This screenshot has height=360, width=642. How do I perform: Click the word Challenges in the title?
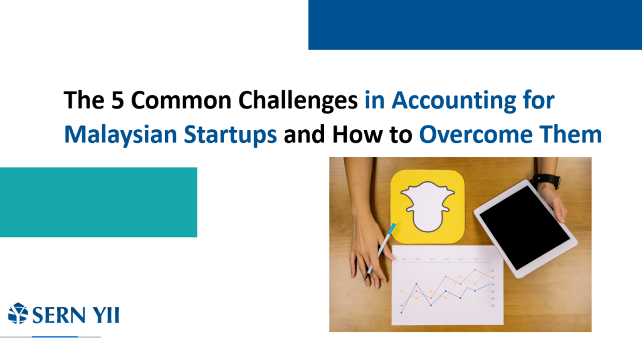[x=298, y=101]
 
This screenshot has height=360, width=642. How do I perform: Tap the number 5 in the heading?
[x=117, y=100]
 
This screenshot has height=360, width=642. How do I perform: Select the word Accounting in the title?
[x=454, y=101]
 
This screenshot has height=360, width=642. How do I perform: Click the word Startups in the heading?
[x=230, y=135]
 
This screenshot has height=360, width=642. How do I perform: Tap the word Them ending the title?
[x=571, y=134]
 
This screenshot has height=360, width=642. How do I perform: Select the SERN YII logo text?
[x=76, y=315]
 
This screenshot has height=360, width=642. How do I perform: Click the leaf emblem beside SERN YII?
[x=18, y=314]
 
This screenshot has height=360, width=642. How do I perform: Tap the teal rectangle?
[x=98, y=203]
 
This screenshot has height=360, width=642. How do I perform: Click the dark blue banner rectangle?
[x=475, y=25]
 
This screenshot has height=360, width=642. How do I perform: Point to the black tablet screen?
[x=525, y=227]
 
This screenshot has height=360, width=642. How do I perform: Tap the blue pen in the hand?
[x=380, y=251]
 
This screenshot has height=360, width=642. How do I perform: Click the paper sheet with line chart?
[x=447, y=285]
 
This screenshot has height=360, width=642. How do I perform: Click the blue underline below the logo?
[x=55, y=337]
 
